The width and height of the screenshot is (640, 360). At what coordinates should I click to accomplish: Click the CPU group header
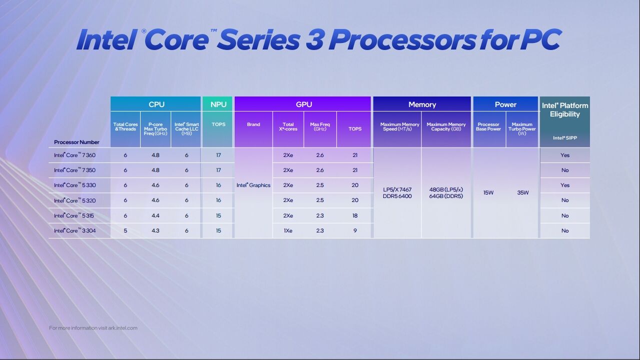156,104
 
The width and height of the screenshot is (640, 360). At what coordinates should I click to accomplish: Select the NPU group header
218,104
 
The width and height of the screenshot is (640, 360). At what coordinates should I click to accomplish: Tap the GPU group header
303,104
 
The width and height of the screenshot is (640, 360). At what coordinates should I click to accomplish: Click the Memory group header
422,104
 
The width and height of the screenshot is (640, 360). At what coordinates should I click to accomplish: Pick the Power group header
505,104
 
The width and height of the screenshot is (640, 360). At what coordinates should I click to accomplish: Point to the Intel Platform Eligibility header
565,109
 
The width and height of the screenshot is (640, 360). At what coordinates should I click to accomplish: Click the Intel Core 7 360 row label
75,155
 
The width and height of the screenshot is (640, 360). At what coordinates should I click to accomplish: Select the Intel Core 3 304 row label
75,230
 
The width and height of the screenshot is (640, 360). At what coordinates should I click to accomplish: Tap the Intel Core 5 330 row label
75,185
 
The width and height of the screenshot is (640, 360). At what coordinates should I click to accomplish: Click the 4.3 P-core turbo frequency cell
156,230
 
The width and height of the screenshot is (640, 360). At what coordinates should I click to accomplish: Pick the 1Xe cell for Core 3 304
288,230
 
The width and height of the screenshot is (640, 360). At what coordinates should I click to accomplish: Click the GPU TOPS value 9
355,230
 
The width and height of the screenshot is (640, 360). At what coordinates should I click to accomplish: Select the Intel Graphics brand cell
253,185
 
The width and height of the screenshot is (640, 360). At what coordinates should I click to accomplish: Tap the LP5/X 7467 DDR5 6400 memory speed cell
397,193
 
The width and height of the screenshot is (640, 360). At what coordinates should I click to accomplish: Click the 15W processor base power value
489,192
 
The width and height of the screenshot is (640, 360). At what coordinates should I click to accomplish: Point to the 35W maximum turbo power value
523,192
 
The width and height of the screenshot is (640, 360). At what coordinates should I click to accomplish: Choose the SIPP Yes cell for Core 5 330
565,185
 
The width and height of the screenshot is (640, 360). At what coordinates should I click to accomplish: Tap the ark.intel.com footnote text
93,328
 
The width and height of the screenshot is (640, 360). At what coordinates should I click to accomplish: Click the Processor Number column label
77,142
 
